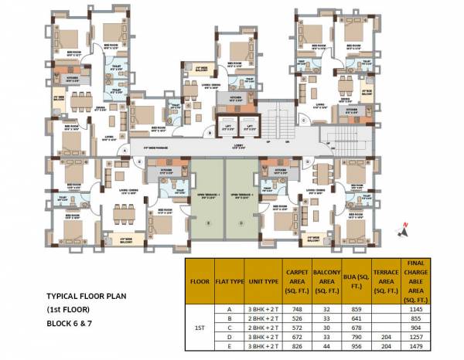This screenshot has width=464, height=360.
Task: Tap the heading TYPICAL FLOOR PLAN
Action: coord(87,296)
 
